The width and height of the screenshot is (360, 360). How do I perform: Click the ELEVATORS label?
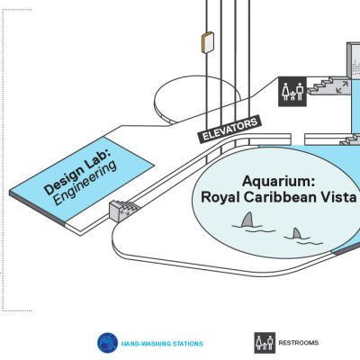click(x=229, y=130)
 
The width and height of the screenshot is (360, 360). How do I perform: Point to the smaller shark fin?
click(x=297, y=233)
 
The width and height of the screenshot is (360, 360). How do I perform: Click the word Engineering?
click(x=85, y=183)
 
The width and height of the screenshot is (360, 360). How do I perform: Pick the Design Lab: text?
click(x=77, y=172)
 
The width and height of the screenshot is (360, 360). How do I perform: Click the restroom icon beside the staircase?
click(x=292, y=92)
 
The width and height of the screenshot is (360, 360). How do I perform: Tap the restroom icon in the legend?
click(x=265, y=343)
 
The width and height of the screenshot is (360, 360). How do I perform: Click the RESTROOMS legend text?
click(x=299, y=343)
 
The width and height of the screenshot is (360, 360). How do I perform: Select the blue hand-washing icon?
click(x=107, y=343)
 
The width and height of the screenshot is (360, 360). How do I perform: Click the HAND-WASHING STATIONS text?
click(x=162, y=344)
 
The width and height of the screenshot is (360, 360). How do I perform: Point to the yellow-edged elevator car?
click(x=208, y=42)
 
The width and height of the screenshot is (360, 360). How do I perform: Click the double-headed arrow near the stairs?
click(x=342, y=86)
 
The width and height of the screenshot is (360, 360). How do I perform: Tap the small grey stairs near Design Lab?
click(x=123, y=210)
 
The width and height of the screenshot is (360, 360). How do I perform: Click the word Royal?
click(x=220, y=198)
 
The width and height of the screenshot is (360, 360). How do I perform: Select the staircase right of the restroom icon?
click(x=326, y=85)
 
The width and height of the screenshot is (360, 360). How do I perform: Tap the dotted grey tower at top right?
click(x=354, y=60)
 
